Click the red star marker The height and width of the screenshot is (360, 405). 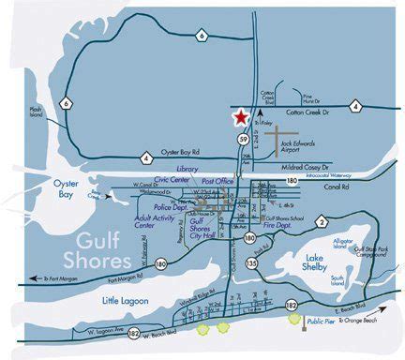tap(241, 117)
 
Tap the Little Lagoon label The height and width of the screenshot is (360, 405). tap(123, 301)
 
